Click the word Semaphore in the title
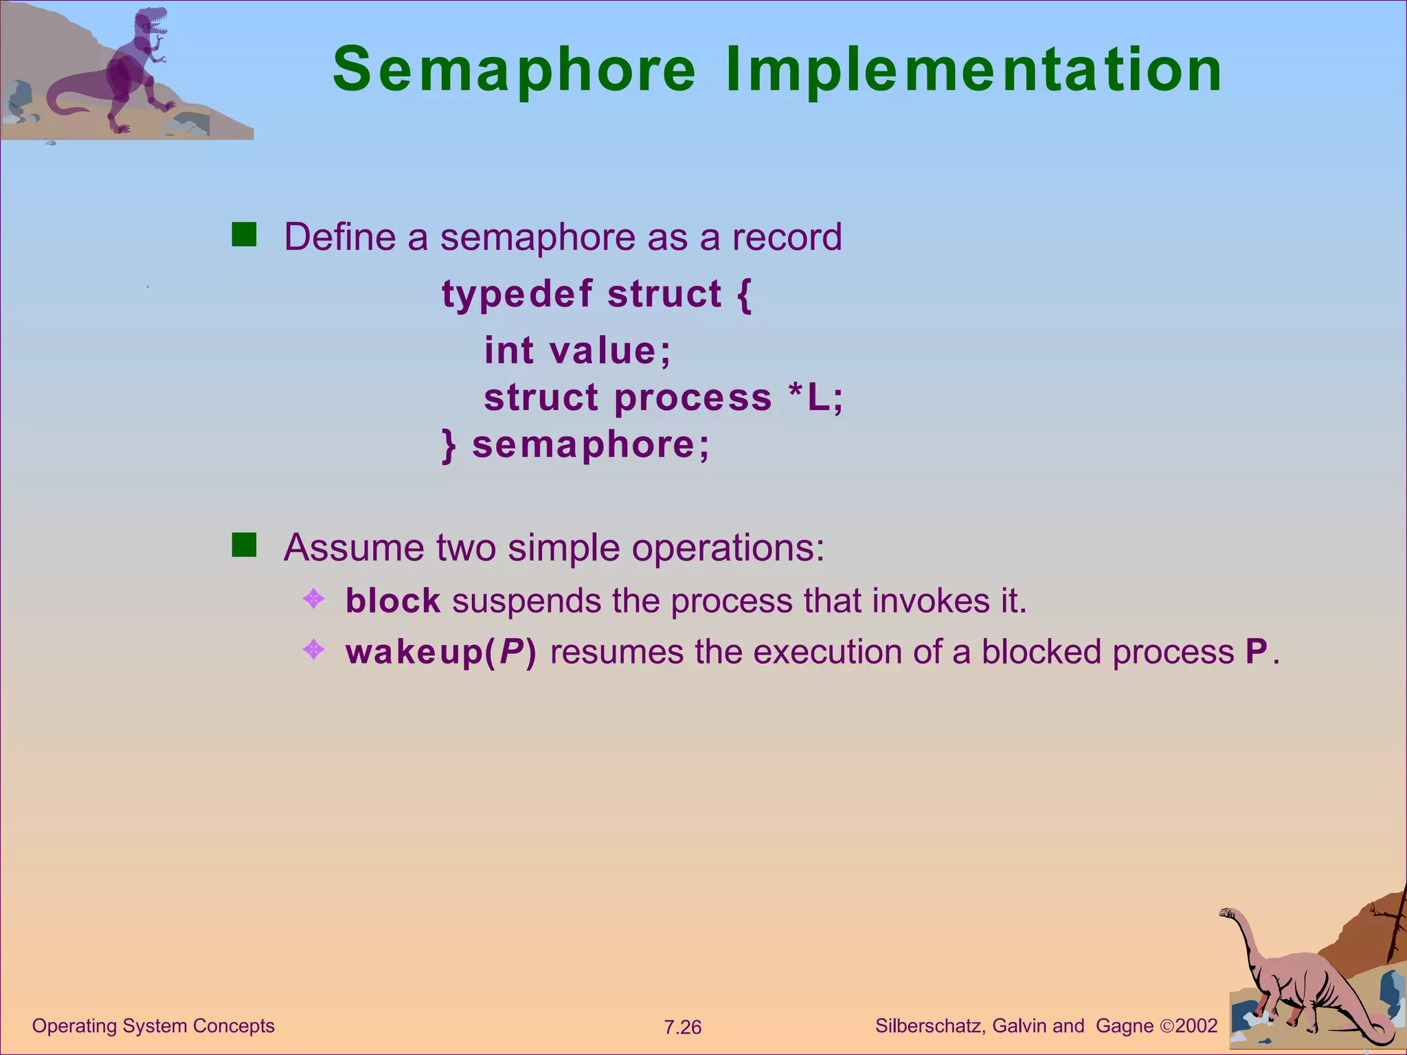[514, 70]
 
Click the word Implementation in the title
[973, 70]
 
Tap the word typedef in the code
[517, 295]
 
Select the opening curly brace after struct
[744, 295]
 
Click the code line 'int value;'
[577, 350]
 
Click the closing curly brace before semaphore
[449, 446]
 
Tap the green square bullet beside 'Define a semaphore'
[244, 234]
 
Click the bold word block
[392, 601]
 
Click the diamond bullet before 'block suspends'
[313, 599]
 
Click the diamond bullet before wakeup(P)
[313, 650]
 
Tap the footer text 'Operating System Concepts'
[153, 1026]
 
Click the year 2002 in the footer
[1196, 1026]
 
